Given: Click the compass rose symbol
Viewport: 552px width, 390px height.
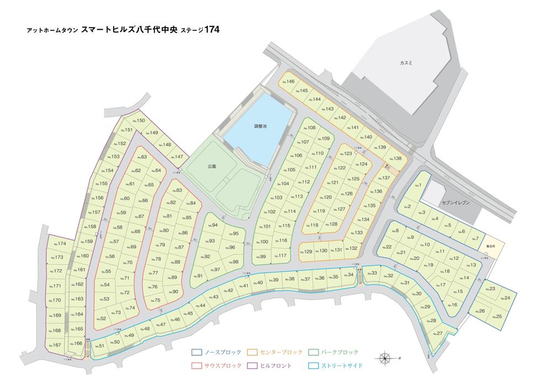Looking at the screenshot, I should point(385,358).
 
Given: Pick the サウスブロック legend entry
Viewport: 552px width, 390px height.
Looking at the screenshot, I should point(216,366).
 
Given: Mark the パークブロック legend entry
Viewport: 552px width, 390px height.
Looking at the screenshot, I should point(337,352).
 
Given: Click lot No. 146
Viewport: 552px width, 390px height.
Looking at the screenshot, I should point(289,82).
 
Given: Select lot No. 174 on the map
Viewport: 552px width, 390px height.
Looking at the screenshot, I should point(60,244).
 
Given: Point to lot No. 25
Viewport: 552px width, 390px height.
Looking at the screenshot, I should point(498,317).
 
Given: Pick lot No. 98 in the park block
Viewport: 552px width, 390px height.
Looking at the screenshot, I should point(233,262).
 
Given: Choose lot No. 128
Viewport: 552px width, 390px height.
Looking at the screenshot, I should point(332,225).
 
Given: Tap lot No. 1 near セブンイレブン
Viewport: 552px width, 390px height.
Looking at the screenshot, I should point(420,186).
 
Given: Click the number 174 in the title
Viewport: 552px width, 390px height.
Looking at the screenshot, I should point(212,30).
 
